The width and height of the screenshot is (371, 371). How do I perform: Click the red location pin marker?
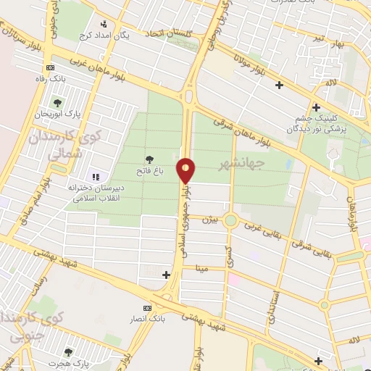(186, 170)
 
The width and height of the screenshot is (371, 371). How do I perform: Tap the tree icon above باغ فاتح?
(150, 158)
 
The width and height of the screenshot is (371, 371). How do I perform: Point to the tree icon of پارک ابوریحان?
(57, 104)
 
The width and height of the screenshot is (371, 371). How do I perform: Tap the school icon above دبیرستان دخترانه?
(95, 177)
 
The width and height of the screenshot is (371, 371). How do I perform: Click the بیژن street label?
(209, 217)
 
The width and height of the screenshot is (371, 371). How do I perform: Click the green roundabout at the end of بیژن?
(231, 220)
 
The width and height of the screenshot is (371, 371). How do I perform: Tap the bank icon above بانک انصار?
(148, 308)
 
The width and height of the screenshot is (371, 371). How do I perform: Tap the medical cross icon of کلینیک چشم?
(316, 107)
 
